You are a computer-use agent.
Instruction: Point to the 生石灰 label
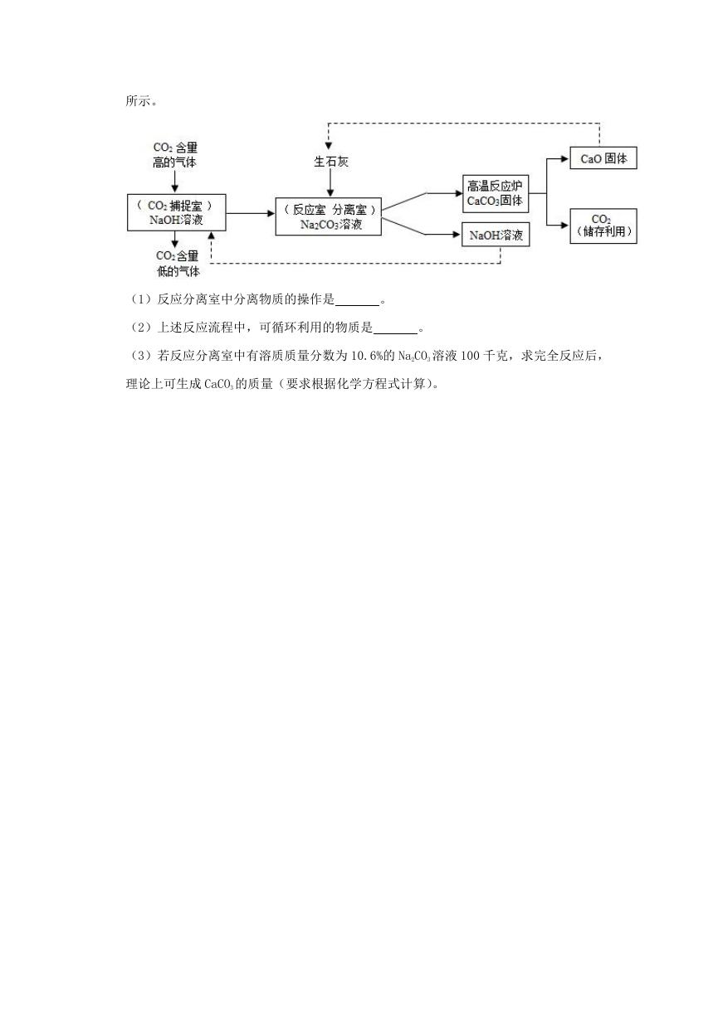pos(331,162)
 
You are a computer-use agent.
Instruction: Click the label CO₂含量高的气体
pos(174,155)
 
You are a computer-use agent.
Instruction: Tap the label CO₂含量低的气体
pos(178,263)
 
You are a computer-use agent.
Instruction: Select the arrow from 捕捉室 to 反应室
pos(251,213)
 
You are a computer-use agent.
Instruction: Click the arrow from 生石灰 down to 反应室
pos(330,183)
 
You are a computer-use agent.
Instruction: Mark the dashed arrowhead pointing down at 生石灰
pos(329,146)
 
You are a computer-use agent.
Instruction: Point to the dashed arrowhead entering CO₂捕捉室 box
pos(211,236)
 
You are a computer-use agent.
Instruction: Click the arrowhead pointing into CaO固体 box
pos(565,158)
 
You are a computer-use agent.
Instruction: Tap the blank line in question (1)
pos(358,306)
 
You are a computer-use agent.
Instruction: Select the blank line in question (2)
pos(395,334)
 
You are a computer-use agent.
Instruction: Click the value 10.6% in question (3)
pos(367,356)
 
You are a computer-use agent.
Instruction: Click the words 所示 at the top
pos(138,100)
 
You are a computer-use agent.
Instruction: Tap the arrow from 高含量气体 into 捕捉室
pos(174,182)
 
